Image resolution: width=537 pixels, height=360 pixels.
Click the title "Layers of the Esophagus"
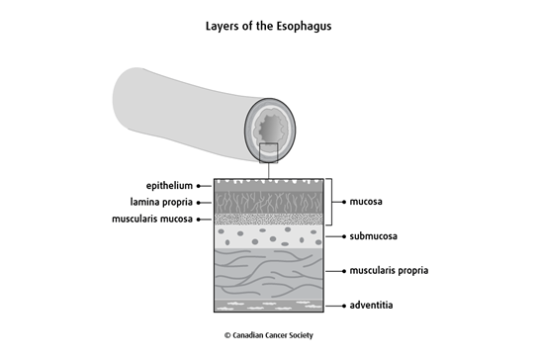coord(268,23)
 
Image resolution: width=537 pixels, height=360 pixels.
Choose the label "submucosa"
coord(377,237)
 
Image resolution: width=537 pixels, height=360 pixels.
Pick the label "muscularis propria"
coord(390,269)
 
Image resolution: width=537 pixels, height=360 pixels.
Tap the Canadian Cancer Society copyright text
coord(268,336)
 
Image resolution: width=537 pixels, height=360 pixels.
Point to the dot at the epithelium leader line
coord(200,185)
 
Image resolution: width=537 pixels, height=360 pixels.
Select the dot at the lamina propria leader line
coord(200,202)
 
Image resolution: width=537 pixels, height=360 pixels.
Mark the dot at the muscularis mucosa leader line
coord(200,219)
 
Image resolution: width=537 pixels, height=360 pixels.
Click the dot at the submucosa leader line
coord(343,237)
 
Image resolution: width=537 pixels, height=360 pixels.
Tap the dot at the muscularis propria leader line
coord(343,269)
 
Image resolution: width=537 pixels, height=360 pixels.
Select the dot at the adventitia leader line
coord(343,306)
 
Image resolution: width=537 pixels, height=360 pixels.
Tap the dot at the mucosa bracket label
coord(343,202)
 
